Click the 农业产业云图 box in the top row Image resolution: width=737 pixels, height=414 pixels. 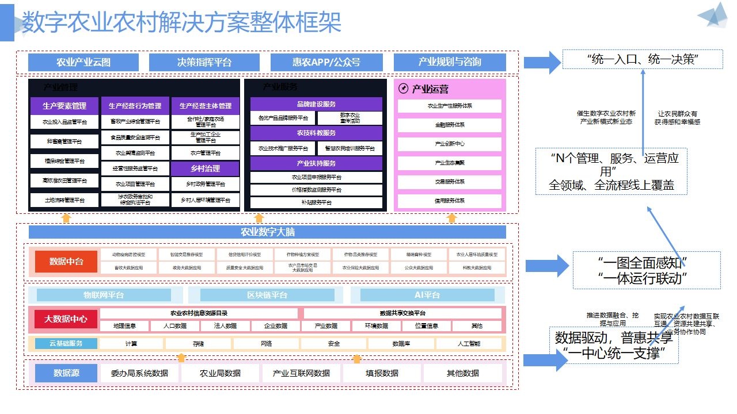pos(83,62)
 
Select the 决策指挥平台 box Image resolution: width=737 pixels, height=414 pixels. pos(204,62)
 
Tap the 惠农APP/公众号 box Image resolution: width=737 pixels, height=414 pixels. pos(326,62)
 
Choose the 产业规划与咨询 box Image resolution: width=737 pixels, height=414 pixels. pos(450,62)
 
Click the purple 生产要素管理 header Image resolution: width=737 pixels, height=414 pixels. pos(64,106)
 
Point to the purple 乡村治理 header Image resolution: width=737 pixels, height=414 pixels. pos(205,168)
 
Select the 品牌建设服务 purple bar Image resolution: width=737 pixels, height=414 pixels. pos(316,104)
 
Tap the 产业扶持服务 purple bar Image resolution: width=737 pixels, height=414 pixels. pos(316,163)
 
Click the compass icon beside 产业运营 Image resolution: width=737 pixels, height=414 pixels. pos(403,89)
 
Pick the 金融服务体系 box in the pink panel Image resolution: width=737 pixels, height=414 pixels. pos(450,125)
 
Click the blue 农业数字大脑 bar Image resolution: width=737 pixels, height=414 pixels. pos(267,232)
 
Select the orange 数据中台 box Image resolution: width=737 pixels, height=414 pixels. pos(66,262)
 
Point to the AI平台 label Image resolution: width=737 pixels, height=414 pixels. pos(427,295)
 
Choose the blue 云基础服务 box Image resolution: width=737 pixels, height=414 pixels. pos(63,344)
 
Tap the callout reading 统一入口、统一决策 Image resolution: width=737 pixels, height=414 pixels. pos(642,59)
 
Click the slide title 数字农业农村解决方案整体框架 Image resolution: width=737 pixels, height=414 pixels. pos(181,23)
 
